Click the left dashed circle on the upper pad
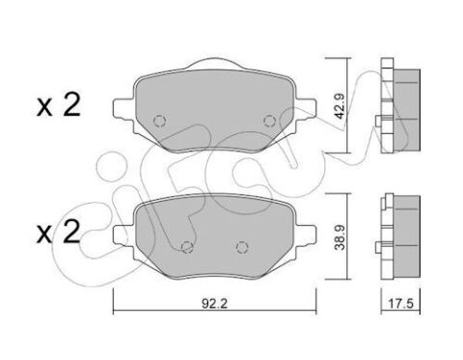(x=160, y=121)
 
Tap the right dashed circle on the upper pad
(x=268, y=121)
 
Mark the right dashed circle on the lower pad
(x=237, y=244)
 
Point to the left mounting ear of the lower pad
(x=122, y=232)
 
